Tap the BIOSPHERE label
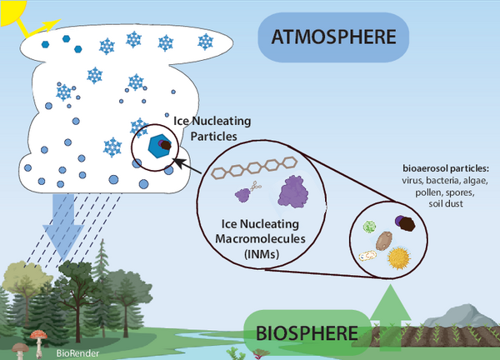[307, 333]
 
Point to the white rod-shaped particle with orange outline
[367, 257]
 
